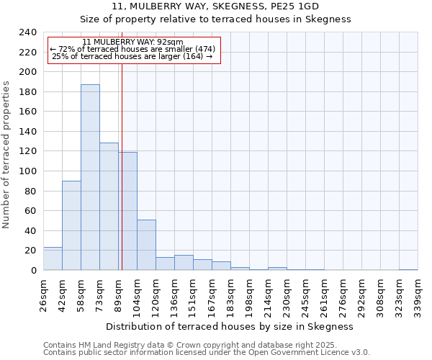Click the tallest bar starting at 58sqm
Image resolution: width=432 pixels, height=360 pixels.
[90, 177]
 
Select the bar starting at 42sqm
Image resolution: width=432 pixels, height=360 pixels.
[71, 225]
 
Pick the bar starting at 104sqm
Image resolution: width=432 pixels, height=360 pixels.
[146, 245]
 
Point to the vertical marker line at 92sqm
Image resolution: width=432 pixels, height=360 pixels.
[122, 166]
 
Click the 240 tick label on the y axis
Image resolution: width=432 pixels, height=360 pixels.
[27, 32]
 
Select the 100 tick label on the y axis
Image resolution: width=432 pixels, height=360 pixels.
[27, 171]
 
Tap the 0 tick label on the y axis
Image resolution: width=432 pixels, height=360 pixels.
[33, 271]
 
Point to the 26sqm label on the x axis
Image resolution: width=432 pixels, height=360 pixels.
[43, 295]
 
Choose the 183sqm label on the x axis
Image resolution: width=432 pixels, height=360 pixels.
[230, 295]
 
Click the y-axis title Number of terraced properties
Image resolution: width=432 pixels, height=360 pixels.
[6, 154]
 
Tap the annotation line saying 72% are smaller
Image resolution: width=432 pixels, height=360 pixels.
[132, 49]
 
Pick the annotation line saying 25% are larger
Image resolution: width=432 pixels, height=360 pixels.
[132, 57]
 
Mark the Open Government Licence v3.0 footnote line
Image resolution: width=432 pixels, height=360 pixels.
[207, 352]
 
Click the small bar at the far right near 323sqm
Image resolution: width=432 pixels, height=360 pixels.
[408, 269]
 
